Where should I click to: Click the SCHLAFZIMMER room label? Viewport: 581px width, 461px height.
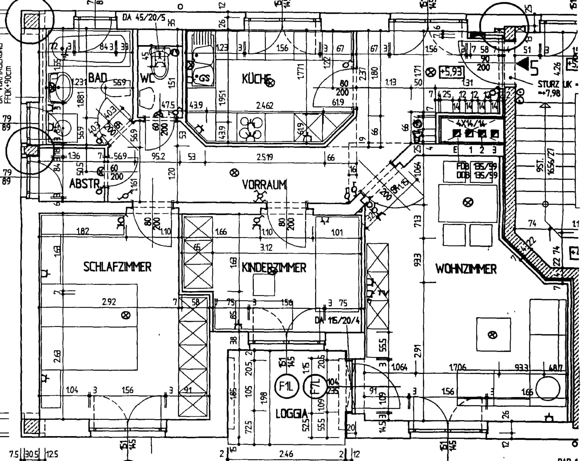click(117, 267)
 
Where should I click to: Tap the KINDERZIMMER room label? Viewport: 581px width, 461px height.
click(274, 268)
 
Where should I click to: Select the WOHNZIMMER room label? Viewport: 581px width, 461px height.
click(466, 269)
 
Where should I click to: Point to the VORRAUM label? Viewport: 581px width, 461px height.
click(264, 185)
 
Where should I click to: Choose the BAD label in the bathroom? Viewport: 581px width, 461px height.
click(98, 78)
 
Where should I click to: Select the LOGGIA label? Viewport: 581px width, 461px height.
click(292, 414)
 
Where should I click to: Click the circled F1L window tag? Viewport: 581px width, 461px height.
click(286, 387)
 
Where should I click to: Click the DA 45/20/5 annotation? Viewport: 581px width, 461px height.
click(144, 18)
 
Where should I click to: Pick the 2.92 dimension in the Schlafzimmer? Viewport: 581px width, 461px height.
click(109, 301)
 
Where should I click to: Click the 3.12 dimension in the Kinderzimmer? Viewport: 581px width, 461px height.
click(266, 247)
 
